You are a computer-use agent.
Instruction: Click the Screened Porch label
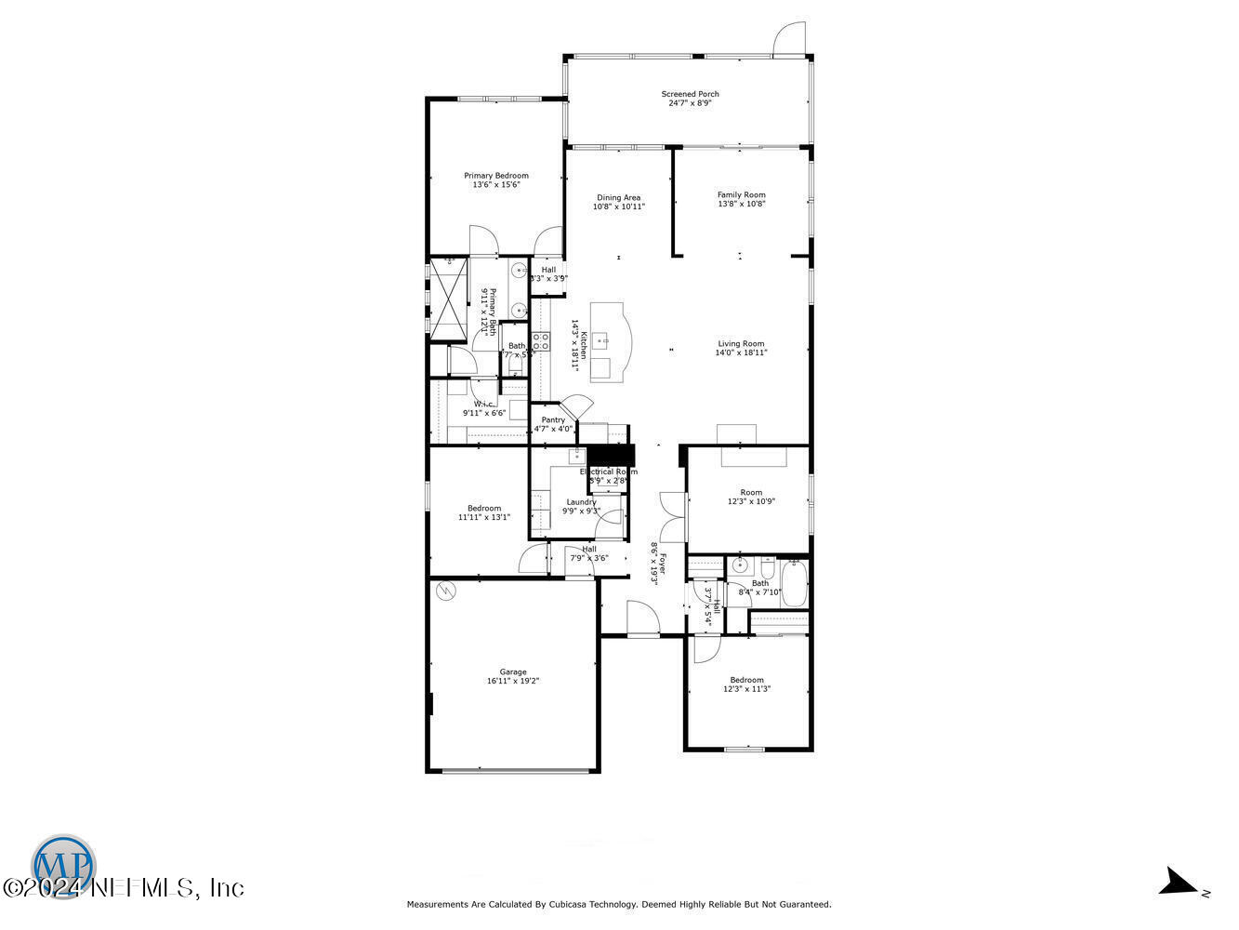pyautogui.click(x=690, y=94)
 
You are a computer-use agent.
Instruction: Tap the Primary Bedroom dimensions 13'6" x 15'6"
pyautogui.click(x=495, y=185)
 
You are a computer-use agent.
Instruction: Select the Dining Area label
pyautogui.click(x=618, y=197)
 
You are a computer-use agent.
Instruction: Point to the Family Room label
pyautogui.click(x=741, y=195)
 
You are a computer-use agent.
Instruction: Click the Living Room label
pyautogui.click(x=741, y=344)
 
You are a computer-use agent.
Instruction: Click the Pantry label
pyautogui.click(x=553, y=420)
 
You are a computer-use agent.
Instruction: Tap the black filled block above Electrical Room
pyautogui.click(x=611, y=455)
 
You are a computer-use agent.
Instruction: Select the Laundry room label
pyautogui.click(x=581, y=502)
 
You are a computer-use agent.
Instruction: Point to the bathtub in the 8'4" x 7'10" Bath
pyautogui.click(x=794, y=583)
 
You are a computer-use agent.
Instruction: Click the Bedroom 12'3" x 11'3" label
pyautogui.click(x=746, y=680)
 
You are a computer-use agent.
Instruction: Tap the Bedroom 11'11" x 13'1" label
pyautogui.click(x=484, y=508)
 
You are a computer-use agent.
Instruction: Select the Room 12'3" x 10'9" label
pyautogui.click(x=751, y=493)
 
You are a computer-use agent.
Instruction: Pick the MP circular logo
pyautogui.click(x=64, y=866)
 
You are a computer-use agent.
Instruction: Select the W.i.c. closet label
pyautogui.click(x=483, y=404)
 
